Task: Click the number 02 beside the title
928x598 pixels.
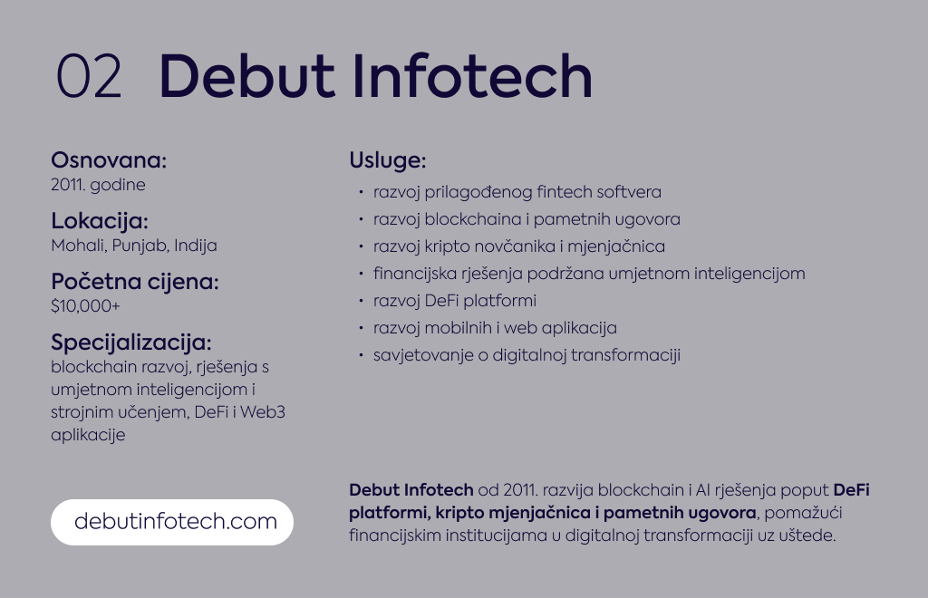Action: click(89, 76)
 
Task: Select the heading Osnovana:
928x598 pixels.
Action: click(109, 160)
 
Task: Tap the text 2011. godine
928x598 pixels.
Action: click(98, 185)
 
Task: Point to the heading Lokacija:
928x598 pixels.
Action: click(100, 221)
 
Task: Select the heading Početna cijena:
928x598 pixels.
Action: click(135, 282)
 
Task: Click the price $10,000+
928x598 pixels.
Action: click(85, 306)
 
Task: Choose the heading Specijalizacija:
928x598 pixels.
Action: click(130, 342)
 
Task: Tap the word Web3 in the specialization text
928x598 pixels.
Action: click(262, 411)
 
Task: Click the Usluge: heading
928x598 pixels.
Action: click(388, 160)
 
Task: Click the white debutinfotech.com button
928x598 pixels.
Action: click(172, 522)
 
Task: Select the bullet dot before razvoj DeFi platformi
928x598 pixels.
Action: click(361, 301)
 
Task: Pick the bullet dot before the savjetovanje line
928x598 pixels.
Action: click(361, 355)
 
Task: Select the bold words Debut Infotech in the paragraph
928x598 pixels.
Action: click(411, 490)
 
